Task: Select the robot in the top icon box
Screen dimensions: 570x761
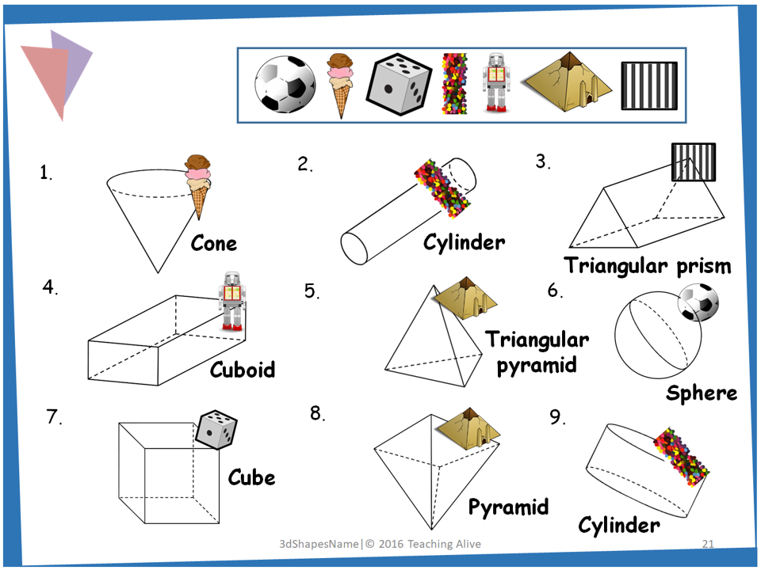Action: coord(496,83)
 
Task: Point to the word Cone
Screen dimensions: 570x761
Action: coord(214,242)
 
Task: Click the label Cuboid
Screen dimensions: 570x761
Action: coord(243,370)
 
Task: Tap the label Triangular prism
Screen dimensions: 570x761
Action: coord(647,265)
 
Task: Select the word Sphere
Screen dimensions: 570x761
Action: coord(702,393)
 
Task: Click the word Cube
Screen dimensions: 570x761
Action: coord(251,477)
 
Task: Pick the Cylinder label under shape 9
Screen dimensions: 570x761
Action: coord(618,524)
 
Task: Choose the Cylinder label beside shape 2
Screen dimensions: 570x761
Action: coord(464,242)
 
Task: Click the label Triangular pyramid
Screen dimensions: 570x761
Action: coord(537,352)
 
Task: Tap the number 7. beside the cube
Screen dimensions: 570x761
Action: coord(54,417)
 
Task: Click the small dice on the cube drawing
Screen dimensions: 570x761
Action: coord(216,430)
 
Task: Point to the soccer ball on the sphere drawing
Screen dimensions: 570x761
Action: coord(698,303)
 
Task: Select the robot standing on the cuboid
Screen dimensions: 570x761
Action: coord(231,300)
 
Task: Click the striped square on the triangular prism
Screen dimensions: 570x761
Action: coord(693,162)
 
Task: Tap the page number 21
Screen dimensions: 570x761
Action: coord(709,544)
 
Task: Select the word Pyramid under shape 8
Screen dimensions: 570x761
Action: coord(508,507)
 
